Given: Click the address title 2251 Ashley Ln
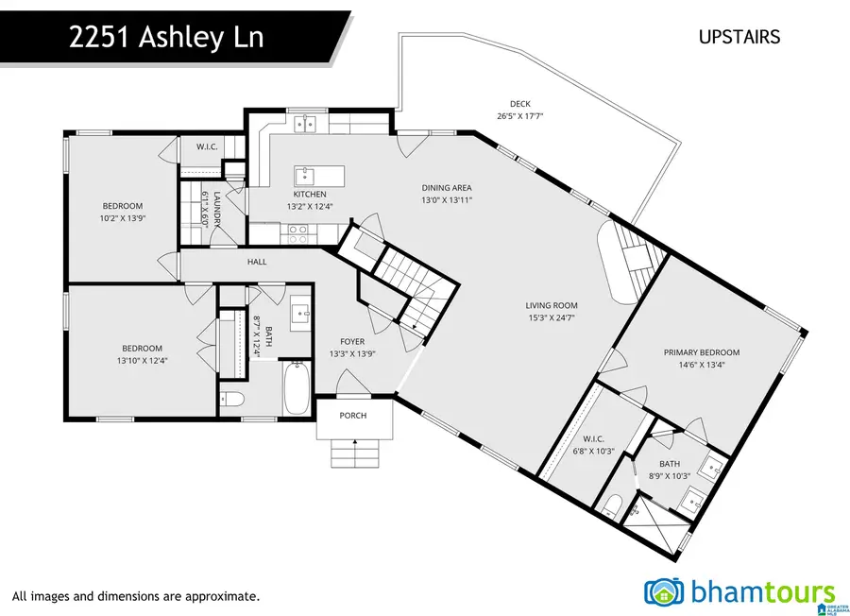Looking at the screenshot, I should point(165,39).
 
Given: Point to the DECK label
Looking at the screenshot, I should point(520,104).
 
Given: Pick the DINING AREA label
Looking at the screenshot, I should point(447,187).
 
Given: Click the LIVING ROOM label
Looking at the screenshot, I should point(552,305).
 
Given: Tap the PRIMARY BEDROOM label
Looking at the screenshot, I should point(702,352).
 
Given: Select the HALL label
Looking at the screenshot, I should point(257,262).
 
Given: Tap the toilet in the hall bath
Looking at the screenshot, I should point(231,399).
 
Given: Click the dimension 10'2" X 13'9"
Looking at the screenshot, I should point(123,218).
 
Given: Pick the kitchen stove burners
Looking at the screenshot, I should point(298,229).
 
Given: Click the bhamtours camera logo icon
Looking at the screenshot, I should point(665,592).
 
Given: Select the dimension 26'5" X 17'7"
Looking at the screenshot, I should point(520,116).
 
